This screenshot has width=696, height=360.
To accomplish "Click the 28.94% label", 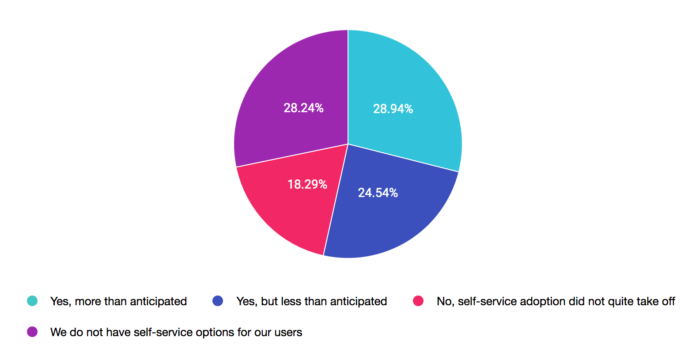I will coord(393,109).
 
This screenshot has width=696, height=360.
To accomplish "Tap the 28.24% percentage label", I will coord(303,108).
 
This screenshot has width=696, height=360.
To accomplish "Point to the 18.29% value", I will coord(307,184).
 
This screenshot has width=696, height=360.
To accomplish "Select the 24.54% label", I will coord(378,193).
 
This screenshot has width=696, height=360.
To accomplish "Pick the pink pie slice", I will coord(283,208).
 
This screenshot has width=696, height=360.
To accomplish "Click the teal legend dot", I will coord(32,301).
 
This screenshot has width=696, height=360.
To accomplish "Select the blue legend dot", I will coord(218,301).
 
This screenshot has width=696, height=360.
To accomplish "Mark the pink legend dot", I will coord(418,301).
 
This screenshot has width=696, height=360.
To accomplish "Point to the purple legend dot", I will coord(32,332).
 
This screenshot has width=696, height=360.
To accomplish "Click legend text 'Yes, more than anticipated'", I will coord(118,301).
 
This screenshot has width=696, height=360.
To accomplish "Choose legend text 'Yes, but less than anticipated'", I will coord(311,301).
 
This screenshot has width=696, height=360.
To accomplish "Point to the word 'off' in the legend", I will coord(668,301).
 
